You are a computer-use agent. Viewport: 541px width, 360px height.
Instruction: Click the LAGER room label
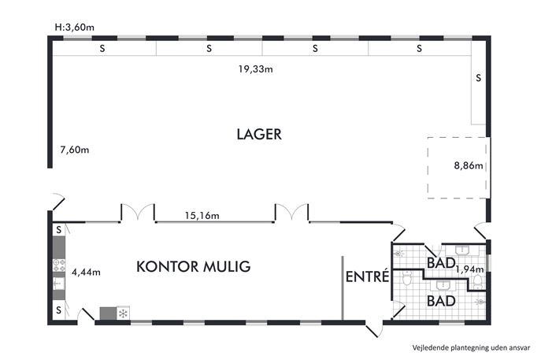[259, 134]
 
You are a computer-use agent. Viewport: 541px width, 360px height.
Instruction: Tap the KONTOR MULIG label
[193, 266]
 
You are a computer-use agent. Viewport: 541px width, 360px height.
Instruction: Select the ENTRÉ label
[367, 276]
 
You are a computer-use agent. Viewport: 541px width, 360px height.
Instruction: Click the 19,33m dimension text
[255, 69]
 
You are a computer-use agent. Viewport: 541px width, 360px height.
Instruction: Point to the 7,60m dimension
[75, 150]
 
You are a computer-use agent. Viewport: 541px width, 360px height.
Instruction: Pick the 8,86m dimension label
[469, 165]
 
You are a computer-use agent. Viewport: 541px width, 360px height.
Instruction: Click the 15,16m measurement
[202, 216]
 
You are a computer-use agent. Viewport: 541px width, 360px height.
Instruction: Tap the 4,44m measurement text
[86, 273]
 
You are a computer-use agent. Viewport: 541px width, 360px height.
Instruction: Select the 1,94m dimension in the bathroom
[469, 269]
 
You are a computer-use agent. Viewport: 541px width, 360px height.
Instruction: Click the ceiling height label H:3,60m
[75, 28]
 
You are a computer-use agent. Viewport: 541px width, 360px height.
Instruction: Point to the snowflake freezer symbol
[123, 314]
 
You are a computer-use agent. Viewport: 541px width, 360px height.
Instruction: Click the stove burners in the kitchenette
[59, 265]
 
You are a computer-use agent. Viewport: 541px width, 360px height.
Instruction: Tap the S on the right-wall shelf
[478, 78]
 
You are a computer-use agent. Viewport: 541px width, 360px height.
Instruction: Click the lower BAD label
[441, 301]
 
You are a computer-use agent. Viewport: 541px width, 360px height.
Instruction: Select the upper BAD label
[441, 263]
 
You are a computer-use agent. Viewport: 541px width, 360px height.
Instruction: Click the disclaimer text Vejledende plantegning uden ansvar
[471, 347]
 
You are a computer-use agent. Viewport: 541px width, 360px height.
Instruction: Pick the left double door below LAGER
[138, 212]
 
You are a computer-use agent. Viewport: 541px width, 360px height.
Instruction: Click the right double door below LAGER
[292, 212]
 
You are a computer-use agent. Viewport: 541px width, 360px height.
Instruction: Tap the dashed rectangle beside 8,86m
[428, 168]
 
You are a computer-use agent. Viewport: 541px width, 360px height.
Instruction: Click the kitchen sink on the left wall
[59, 284]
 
